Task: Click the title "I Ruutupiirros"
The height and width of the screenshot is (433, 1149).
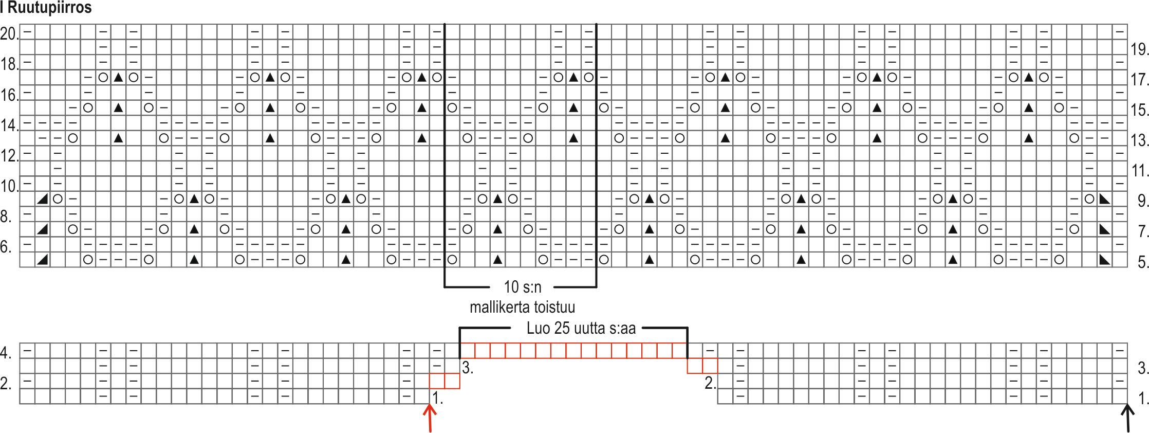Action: (x=46, y=8)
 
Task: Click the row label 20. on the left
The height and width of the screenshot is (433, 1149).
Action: (x=9, y=34)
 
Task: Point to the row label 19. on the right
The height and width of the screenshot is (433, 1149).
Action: (x=1139, y=50)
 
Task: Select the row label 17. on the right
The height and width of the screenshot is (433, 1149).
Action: (x=1139, y=80)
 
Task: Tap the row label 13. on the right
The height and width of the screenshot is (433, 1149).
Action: (x=1139, y=140)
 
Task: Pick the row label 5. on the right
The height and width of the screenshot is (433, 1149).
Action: (x=1142, y=262)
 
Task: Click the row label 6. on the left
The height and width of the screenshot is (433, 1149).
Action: (x=6, y=247)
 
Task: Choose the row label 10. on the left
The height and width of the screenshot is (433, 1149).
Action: (x=9, y=186)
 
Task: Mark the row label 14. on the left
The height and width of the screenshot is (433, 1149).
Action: (x=9, y=125)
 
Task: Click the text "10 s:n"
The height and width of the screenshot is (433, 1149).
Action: (x=522, y=287)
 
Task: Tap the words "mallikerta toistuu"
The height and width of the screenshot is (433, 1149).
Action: (x=522, y=307)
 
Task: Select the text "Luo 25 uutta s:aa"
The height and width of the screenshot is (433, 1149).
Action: (x=581, y=328)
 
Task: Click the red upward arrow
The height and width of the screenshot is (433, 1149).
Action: (x=430, y=418)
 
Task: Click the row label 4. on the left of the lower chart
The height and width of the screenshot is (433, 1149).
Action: (x=6, y=353)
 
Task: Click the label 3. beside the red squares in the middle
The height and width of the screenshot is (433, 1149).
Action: (x=467, y=368)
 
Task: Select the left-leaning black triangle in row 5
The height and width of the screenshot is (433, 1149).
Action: (x=42, y=260)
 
